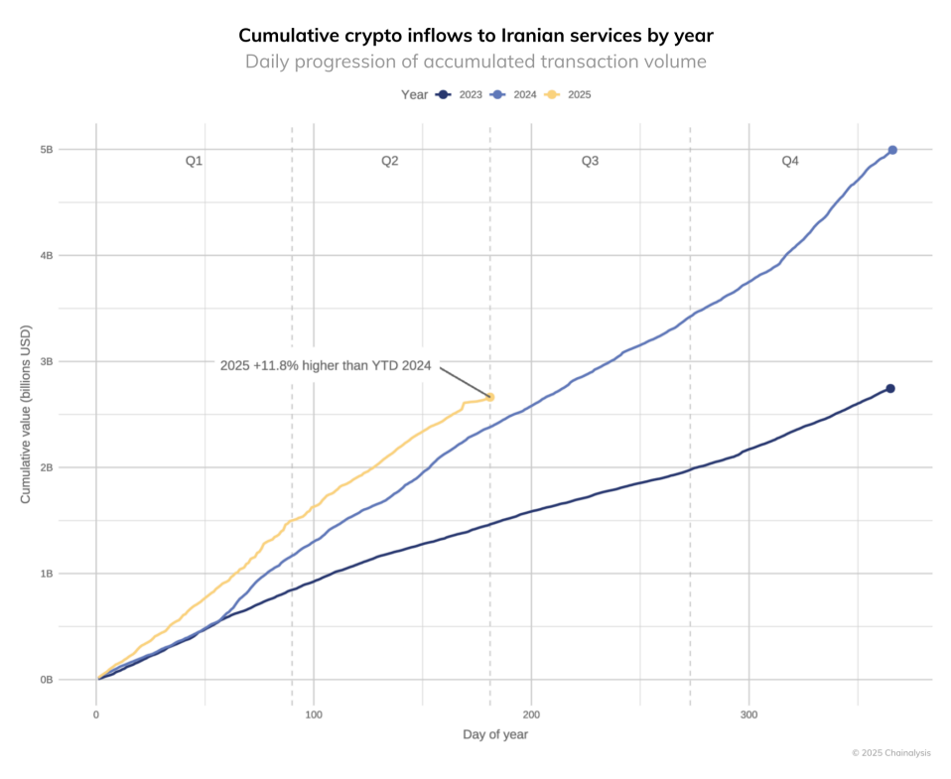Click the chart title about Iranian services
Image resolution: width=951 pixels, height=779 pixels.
click(475, 36)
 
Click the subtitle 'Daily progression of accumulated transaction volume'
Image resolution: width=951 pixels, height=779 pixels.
click(475, 62)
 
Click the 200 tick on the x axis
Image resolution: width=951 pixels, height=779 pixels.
click(531, 714)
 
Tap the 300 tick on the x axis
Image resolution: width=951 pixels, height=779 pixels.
click(749, 714)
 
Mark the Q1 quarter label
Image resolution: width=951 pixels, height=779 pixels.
click(195, 161)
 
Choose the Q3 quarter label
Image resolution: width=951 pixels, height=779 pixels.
click(590, 161)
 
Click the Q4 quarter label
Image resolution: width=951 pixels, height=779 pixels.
click(790, 161)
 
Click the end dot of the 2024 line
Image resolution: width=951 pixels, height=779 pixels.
click(892, 150)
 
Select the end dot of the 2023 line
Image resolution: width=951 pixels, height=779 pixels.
click(890, 388)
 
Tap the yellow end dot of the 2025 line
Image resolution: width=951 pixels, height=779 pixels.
click(490, 397)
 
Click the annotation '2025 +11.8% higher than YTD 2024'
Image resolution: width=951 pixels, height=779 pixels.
click(326, 366)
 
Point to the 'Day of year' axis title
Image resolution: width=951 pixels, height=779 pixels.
click(495, 734)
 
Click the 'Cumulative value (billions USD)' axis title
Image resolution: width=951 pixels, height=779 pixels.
click(26, 414)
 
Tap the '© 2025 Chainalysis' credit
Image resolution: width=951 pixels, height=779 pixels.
click(890, 753)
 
